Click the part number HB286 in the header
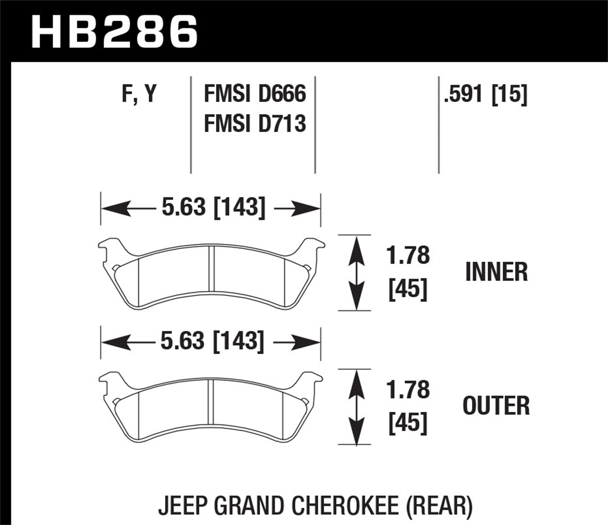point(114,31)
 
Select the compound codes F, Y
point(139,94)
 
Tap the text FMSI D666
point(255,94)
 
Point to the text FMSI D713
point(255,123)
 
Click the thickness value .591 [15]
point(486,95)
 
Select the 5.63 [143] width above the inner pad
point(213,208)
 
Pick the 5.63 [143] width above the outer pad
point(212,341)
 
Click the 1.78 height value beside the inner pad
point(408,256)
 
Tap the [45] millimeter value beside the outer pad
point(408,423)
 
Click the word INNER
point(497,272)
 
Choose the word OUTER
point(496,406)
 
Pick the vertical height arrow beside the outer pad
point(356,407)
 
